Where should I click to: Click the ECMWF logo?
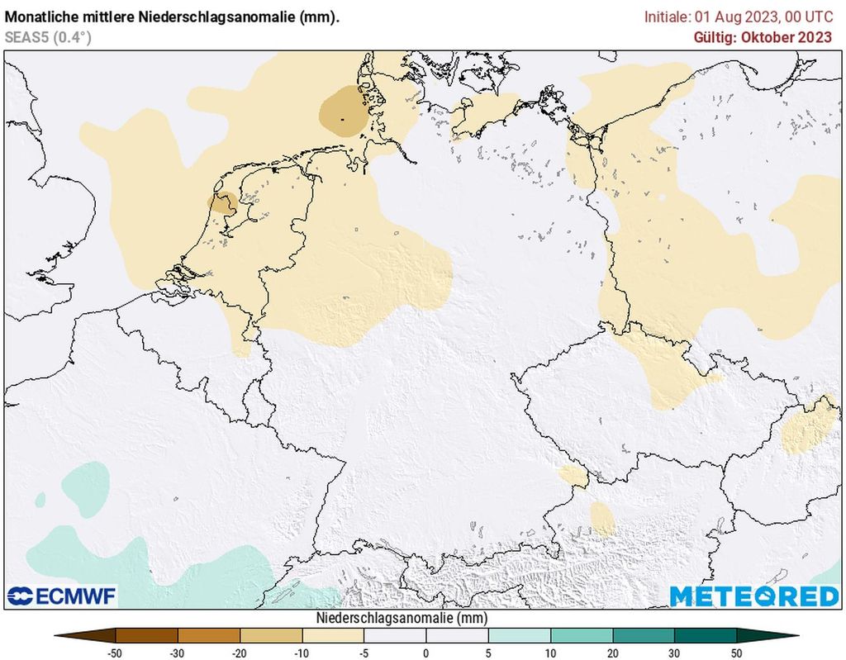pyautogui.click(x=62, y=596)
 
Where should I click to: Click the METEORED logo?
pyautogui.click(x=753, y=596)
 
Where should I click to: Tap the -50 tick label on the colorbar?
pyautogui.click(x=116, y=653)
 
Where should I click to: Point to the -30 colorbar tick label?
pyautogui.click(x=178, y=653)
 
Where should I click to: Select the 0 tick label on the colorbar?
pyautogui.click(x=426, y=653)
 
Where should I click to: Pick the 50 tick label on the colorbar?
pyautogui.click(x=737, y=653)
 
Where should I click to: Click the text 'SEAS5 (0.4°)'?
pyautogui.click(x=48, y=37)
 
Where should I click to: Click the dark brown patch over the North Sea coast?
pyautogui.click(x=343, y=112)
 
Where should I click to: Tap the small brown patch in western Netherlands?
pyautogui.click(x=223, y=203)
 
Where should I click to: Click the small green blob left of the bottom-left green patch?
pyautogui.click(x=40, y=498)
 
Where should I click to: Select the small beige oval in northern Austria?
pyautogui.click(x=602, y=519)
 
